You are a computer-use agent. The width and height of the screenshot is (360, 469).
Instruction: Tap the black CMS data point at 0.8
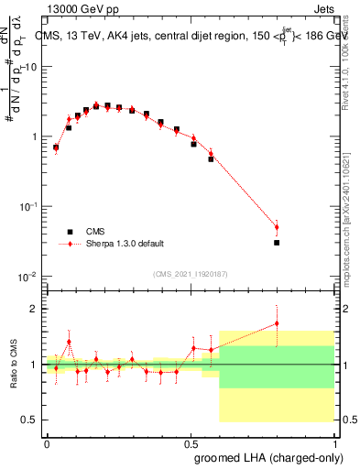277,243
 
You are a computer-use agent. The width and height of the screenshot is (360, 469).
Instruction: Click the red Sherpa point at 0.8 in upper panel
277,227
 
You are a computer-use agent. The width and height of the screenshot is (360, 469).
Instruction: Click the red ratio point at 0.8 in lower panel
277,322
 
